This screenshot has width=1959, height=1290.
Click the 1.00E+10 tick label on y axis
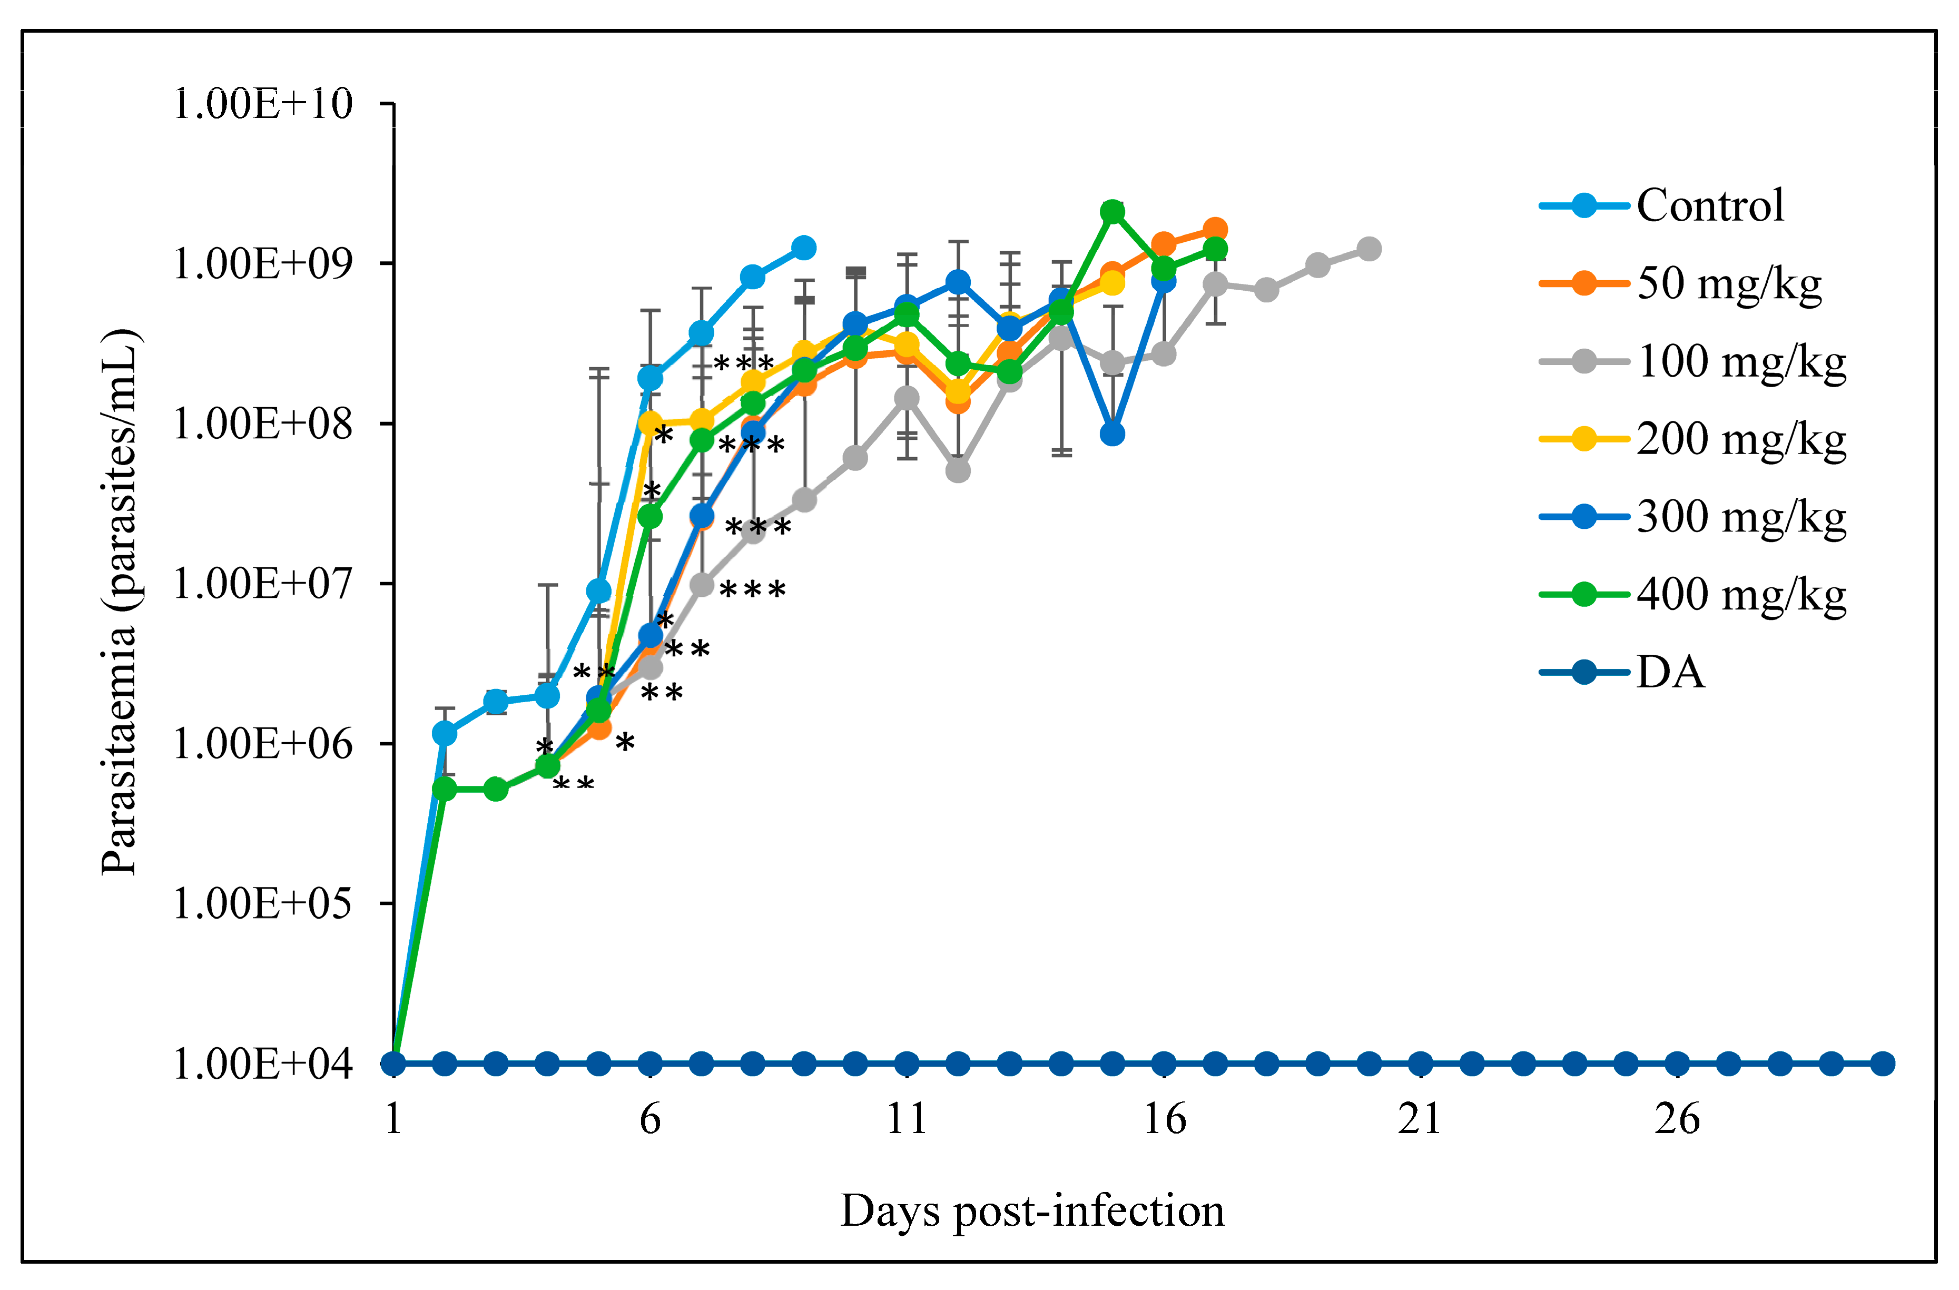(262, 104)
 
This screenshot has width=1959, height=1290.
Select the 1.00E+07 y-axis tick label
(262, 584)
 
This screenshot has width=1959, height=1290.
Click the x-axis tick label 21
(1420, 1119)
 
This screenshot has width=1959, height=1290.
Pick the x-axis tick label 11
(906, 1119)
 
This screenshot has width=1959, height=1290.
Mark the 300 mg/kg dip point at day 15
(1112, 434)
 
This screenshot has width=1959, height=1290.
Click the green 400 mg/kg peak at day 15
(1112, 212)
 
